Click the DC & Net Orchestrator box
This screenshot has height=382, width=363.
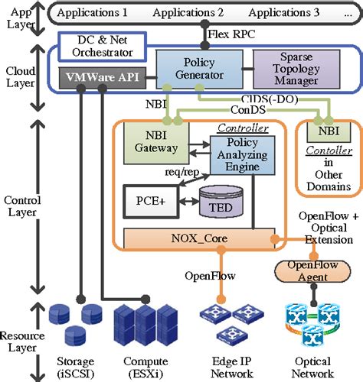104,47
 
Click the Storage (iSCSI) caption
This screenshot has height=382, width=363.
74,367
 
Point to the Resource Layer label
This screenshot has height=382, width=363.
22,342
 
